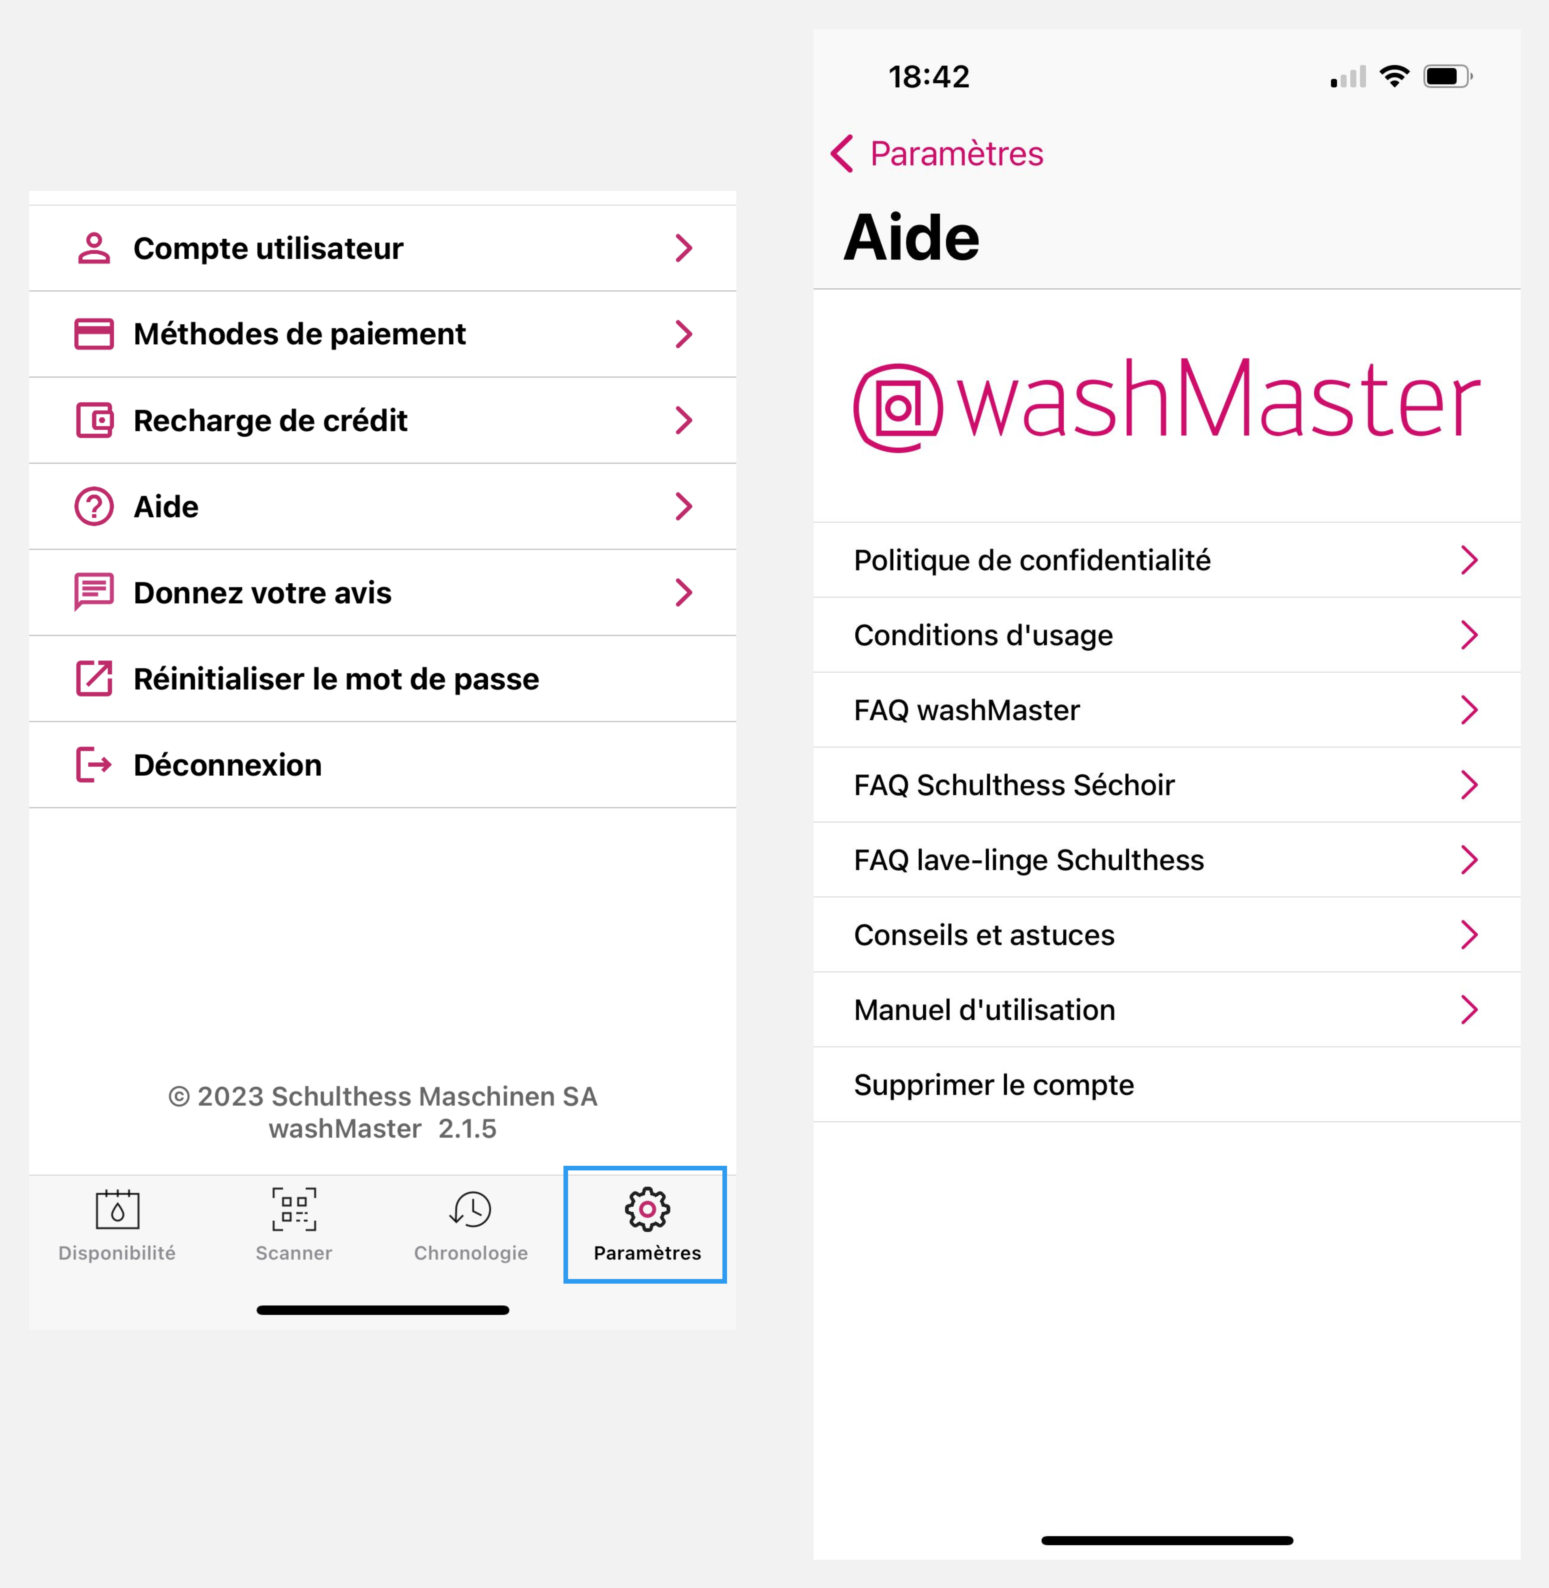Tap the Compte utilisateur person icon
[94, 248]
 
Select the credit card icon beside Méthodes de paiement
[94, 334]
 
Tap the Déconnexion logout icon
[94, 765]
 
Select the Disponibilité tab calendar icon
[117, 1210]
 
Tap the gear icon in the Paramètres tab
[647, 1209]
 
